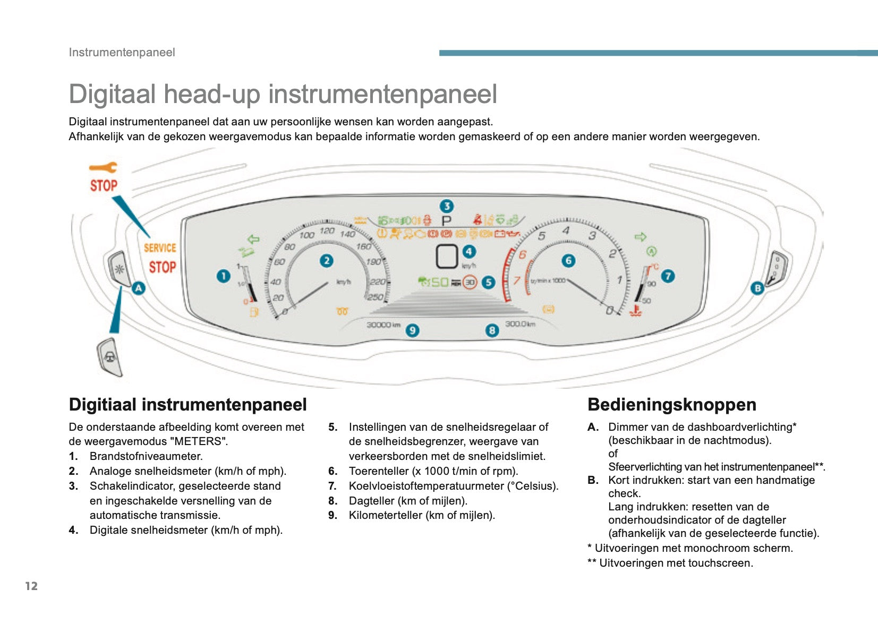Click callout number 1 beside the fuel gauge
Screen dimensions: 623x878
224,276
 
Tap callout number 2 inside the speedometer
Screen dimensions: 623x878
327,260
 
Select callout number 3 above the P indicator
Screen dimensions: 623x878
447,206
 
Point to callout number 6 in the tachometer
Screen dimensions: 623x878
569,260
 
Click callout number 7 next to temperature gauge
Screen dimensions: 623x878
668,276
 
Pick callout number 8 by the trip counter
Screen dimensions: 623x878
492,330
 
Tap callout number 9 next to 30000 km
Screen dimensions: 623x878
412,330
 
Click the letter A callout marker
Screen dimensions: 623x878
139,288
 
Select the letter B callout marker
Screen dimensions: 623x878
757,288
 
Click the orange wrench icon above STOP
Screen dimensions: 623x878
103,167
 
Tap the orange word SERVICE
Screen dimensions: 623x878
160,248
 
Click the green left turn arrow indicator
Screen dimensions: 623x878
253,240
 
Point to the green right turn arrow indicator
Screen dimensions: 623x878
640,237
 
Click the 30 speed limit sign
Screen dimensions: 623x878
470,283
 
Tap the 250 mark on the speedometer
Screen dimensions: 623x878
375,297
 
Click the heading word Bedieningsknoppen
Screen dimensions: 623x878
671,405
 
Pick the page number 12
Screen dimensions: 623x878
31,586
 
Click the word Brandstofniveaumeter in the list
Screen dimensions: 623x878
146,456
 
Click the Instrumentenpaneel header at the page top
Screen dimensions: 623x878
122,53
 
